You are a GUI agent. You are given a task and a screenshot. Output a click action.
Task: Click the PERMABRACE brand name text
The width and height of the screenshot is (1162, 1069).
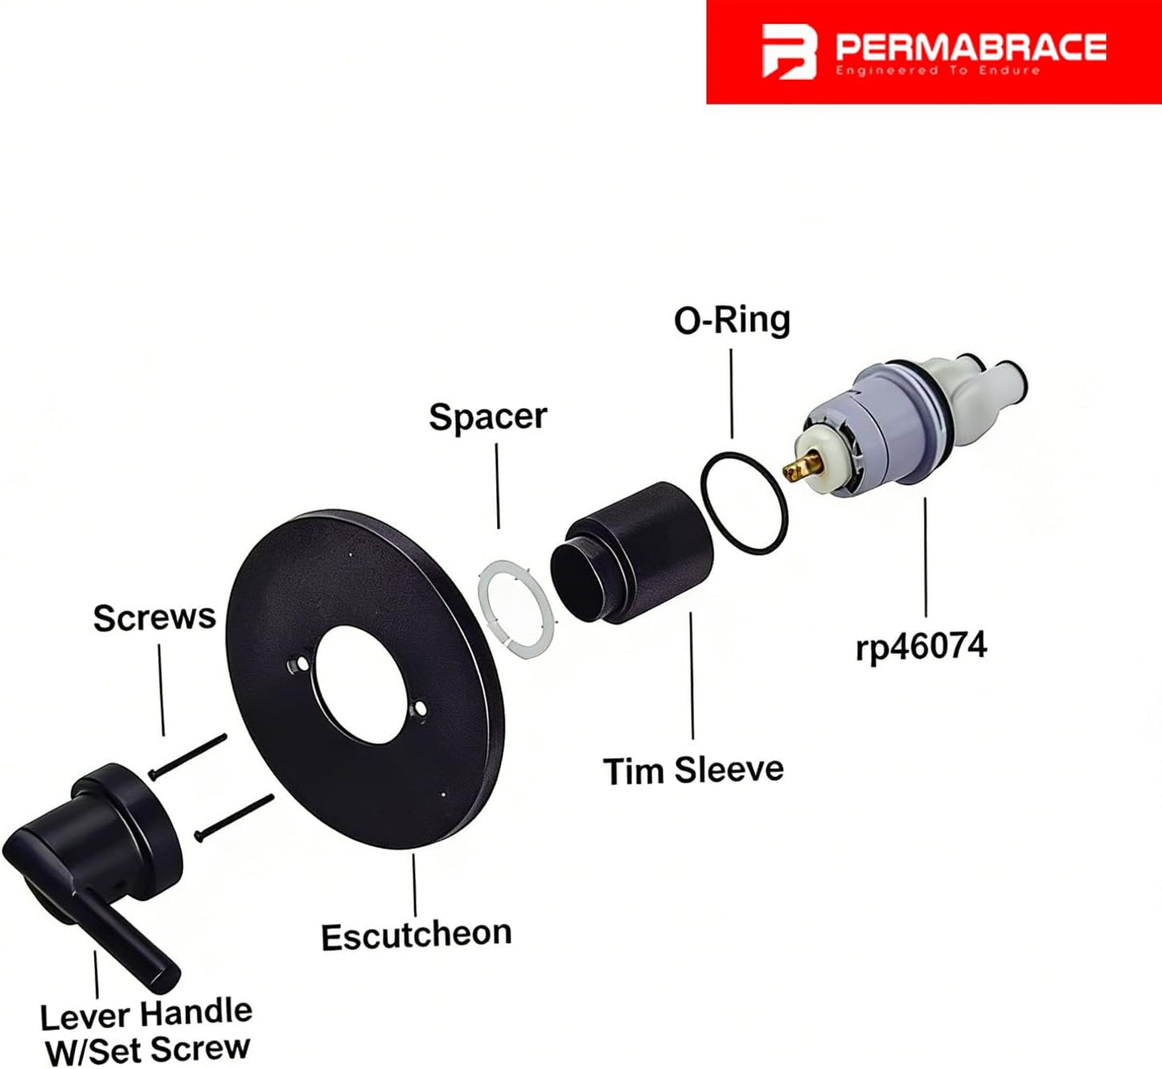971,47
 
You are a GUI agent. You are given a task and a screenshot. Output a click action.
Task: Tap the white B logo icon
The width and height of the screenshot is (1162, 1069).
789,51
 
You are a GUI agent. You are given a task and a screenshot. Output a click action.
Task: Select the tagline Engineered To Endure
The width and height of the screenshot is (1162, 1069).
938,71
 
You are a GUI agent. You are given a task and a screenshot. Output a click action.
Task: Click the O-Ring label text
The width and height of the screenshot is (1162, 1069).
732,320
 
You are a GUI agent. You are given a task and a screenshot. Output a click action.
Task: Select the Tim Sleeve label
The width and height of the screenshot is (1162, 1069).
693,771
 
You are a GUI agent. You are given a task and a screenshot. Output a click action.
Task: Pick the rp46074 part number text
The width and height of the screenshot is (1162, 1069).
921,647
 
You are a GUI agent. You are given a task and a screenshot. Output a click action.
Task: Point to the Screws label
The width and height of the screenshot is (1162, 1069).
154,618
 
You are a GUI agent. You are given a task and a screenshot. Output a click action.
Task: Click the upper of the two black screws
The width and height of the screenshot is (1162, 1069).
187,757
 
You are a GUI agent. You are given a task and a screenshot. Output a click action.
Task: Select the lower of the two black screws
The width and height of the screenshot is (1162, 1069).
234,818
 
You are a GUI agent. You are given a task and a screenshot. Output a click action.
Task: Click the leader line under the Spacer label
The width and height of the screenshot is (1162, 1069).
497,486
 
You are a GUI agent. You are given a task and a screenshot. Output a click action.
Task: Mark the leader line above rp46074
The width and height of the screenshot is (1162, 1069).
925,557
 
